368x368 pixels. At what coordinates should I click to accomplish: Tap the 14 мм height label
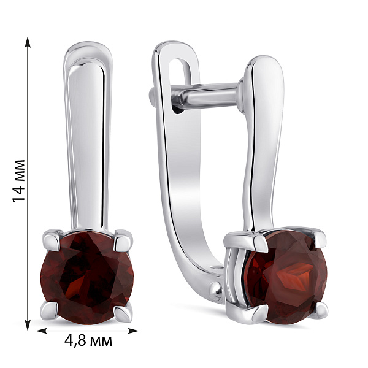pos(19,181)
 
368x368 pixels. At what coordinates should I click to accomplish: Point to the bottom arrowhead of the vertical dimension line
pos(28,325)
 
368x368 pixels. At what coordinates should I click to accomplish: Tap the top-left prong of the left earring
pos(52,237)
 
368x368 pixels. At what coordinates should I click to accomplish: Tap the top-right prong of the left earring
pos(123,237)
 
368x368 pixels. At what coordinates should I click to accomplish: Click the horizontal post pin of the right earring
pos(202,96)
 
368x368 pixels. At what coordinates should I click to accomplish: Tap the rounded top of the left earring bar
pos(88,49)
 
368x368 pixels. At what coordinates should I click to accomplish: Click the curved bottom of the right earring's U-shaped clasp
pos(196,270)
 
